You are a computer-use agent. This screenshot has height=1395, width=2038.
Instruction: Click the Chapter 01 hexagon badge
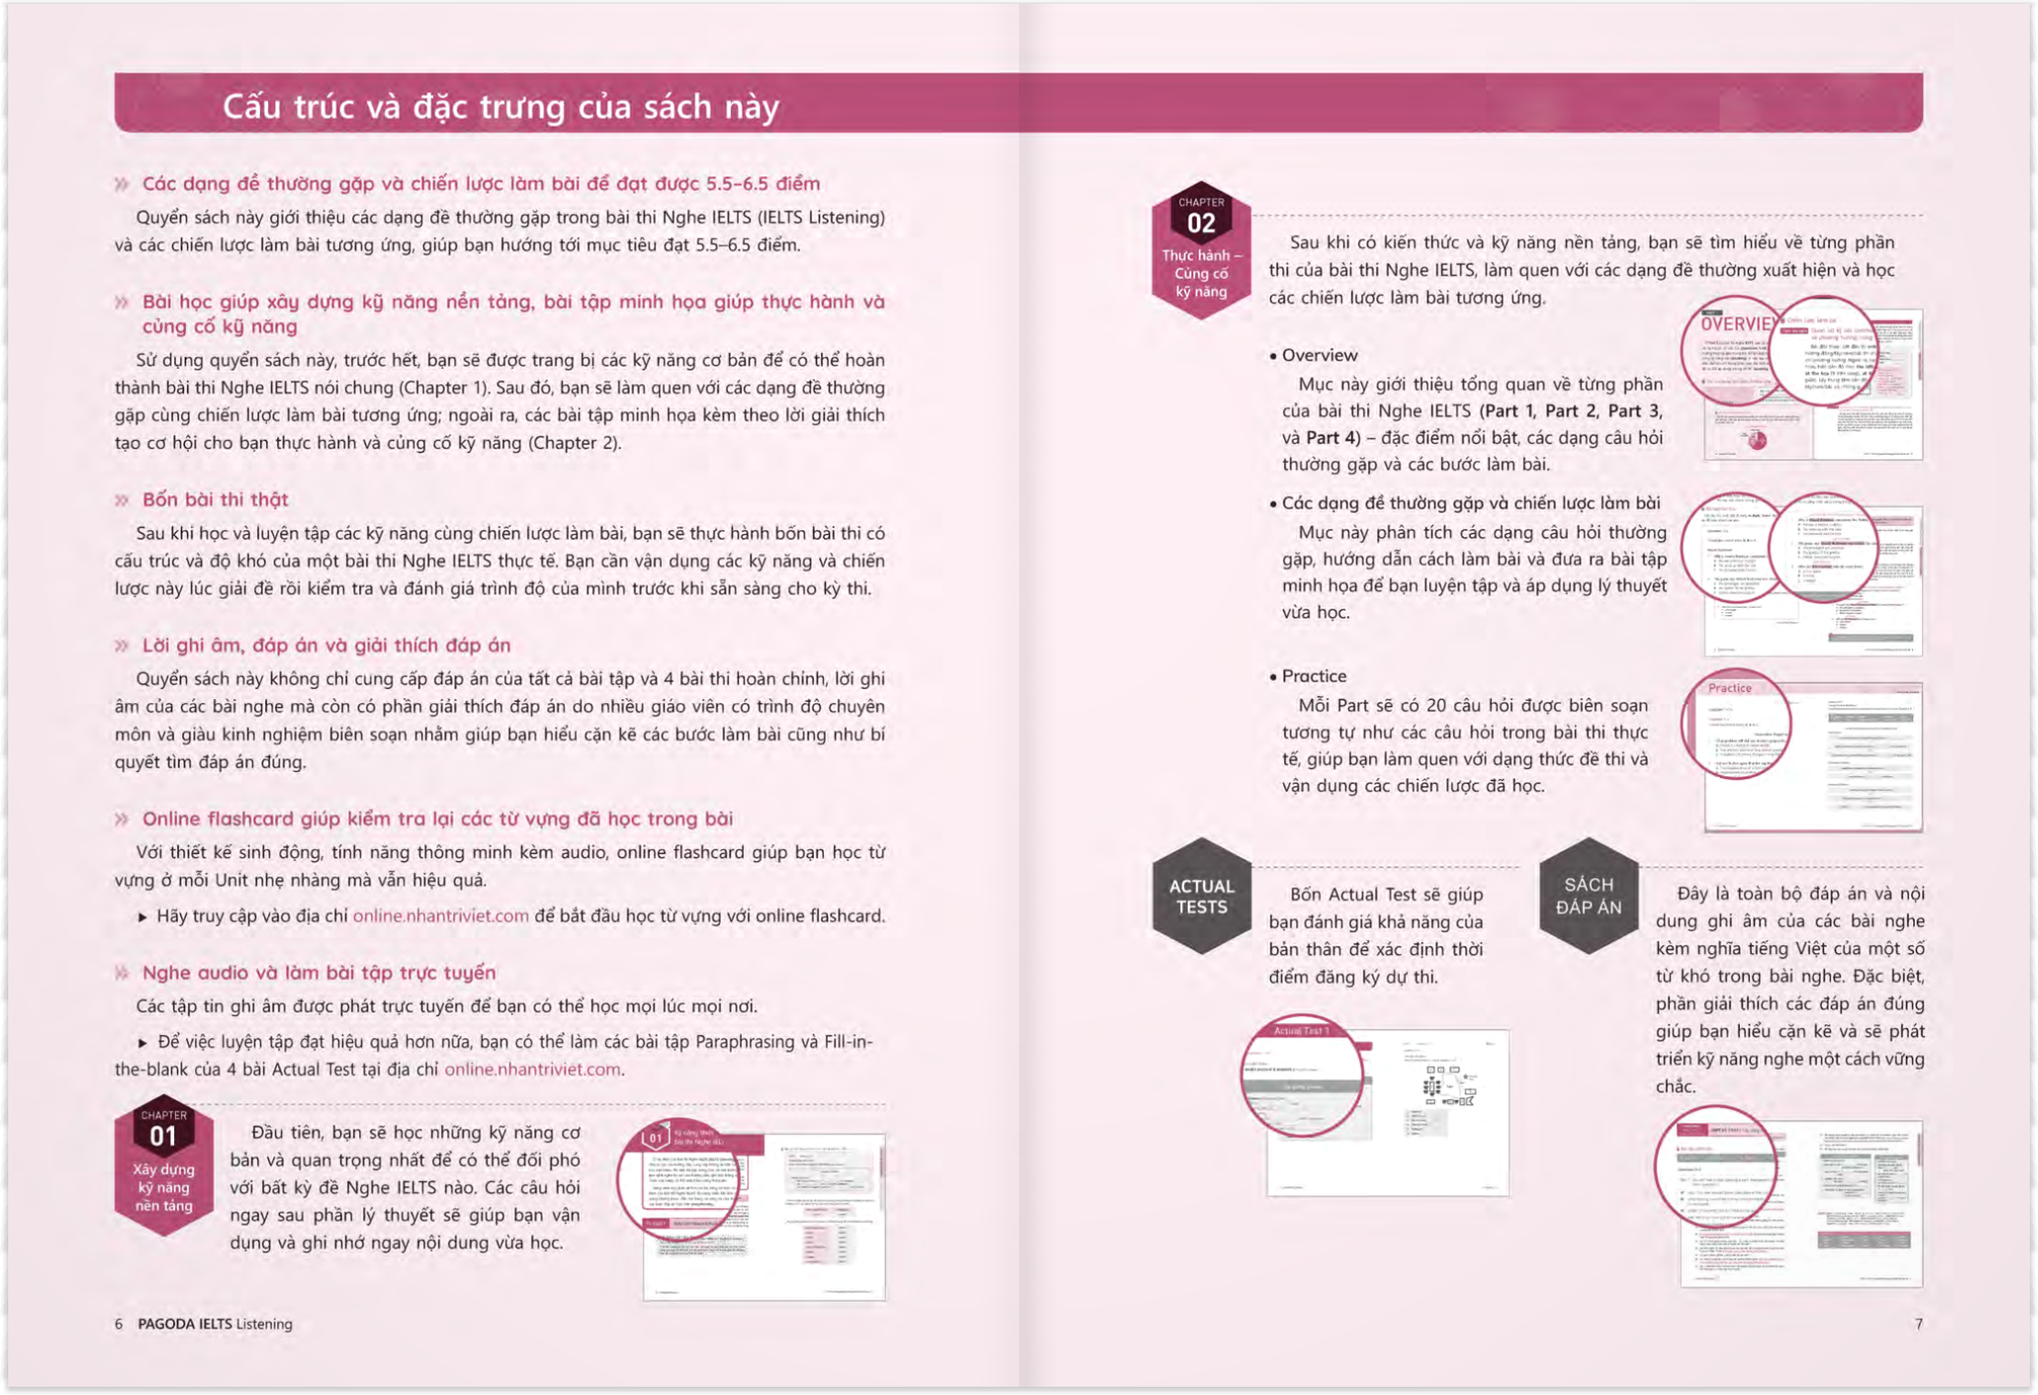(164, 1165)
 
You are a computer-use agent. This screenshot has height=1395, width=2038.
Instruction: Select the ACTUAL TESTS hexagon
(1201, 897)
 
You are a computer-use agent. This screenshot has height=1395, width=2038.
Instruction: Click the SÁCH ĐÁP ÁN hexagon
(1589, 896)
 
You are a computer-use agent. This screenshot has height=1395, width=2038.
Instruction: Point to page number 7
(1919, 1324)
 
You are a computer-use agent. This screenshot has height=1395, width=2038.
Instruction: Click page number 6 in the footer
(118, 1324)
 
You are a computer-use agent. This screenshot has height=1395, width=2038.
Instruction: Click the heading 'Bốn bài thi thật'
(215, 499)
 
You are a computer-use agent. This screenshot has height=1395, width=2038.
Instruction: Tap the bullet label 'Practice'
(1313, 676)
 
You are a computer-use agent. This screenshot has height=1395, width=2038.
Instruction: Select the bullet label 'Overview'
(1319, 355)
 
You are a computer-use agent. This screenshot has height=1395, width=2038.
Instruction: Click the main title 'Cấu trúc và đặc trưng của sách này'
(500, 107)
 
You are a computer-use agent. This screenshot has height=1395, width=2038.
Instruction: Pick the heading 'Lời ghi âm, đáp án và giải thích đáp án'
(326, 645)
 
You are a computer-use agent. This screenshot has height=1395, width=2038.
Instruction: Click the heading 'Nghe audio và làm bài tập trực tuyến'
(319, 972)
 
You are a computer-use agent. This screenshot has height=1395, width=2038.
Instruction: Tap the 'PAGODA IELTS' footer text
(185, 1324)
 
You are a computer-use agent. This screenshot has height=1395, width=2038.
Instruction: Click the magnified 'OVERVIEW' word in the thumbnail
(1734, 324)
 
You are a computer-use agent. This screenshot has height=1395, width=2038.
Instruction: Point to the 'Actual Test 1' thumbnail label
(1301, 1031)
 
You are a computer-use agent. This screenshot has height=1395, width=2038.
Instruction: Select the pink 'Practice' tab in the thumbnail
(1729, 688)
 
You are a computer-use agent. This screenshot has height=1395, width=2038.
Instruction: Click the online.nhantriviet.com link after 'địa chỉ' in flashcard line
(440, 916)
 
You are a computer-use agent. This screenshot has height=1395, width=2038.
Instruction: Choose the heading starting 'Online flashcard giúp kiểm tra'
(437, 818)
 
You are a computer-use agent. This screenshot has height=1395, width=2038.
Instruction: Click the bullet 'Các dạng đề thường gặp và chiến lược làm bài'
(1470, 503)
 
